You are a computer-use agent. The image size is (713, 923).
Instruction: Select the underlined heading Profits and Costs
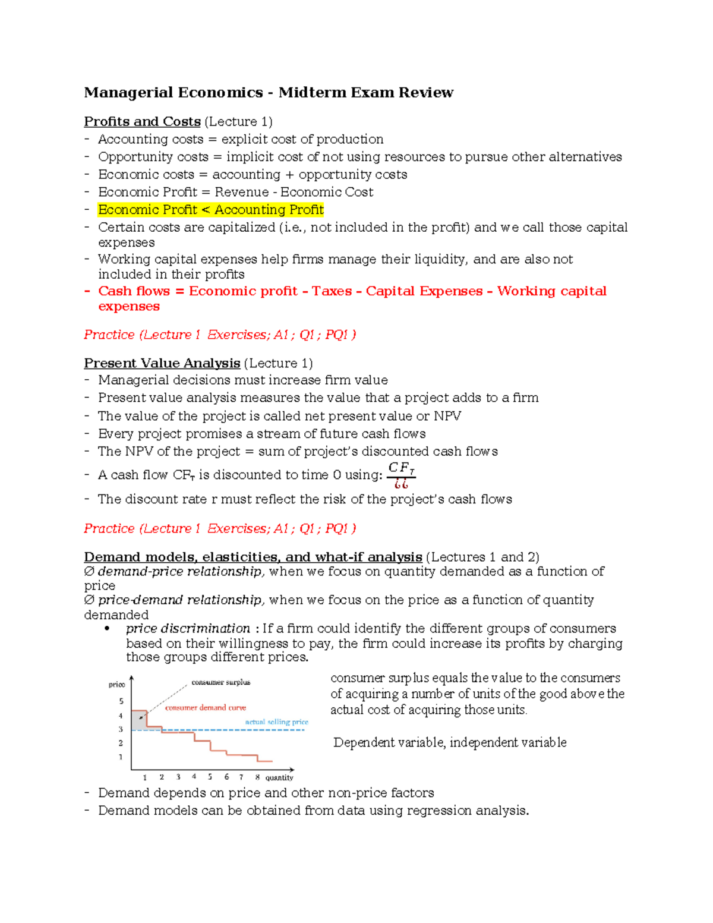[142, 122]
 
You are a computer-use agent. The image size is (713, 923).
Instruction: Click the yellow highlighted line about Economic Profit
[210, 210]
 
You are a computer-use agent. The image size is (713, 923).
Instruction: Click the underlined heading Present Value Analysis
[162, 363]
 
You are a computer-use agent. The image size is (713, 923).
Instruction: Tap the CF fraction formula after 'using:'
[401, 475]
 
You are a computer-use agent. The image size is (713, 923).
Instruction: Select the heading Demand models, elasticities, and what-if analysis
[253, 557]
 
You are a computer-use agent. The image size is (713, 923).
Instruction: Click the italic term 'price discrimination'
[188, 629]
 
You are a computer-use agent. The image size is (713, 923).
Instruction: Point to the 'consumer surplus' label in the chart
[220, 682]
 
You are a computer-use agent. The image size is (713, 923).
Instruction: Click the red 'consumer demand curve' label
[205, 708]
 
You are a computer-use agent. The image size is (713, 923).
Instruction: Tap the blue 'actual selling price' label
[276, 722]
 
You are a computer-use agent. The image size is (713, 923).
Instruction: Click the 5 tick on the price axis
[121, 701]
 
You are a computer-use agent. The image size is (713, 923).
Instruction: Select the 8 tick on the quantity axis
[257, 777]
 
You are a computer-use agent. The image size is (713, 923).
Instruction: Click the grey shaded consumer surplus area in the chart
[138, 721]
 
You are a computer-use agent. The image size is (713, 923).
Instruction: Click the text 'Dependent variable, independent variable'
[450, 743]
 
